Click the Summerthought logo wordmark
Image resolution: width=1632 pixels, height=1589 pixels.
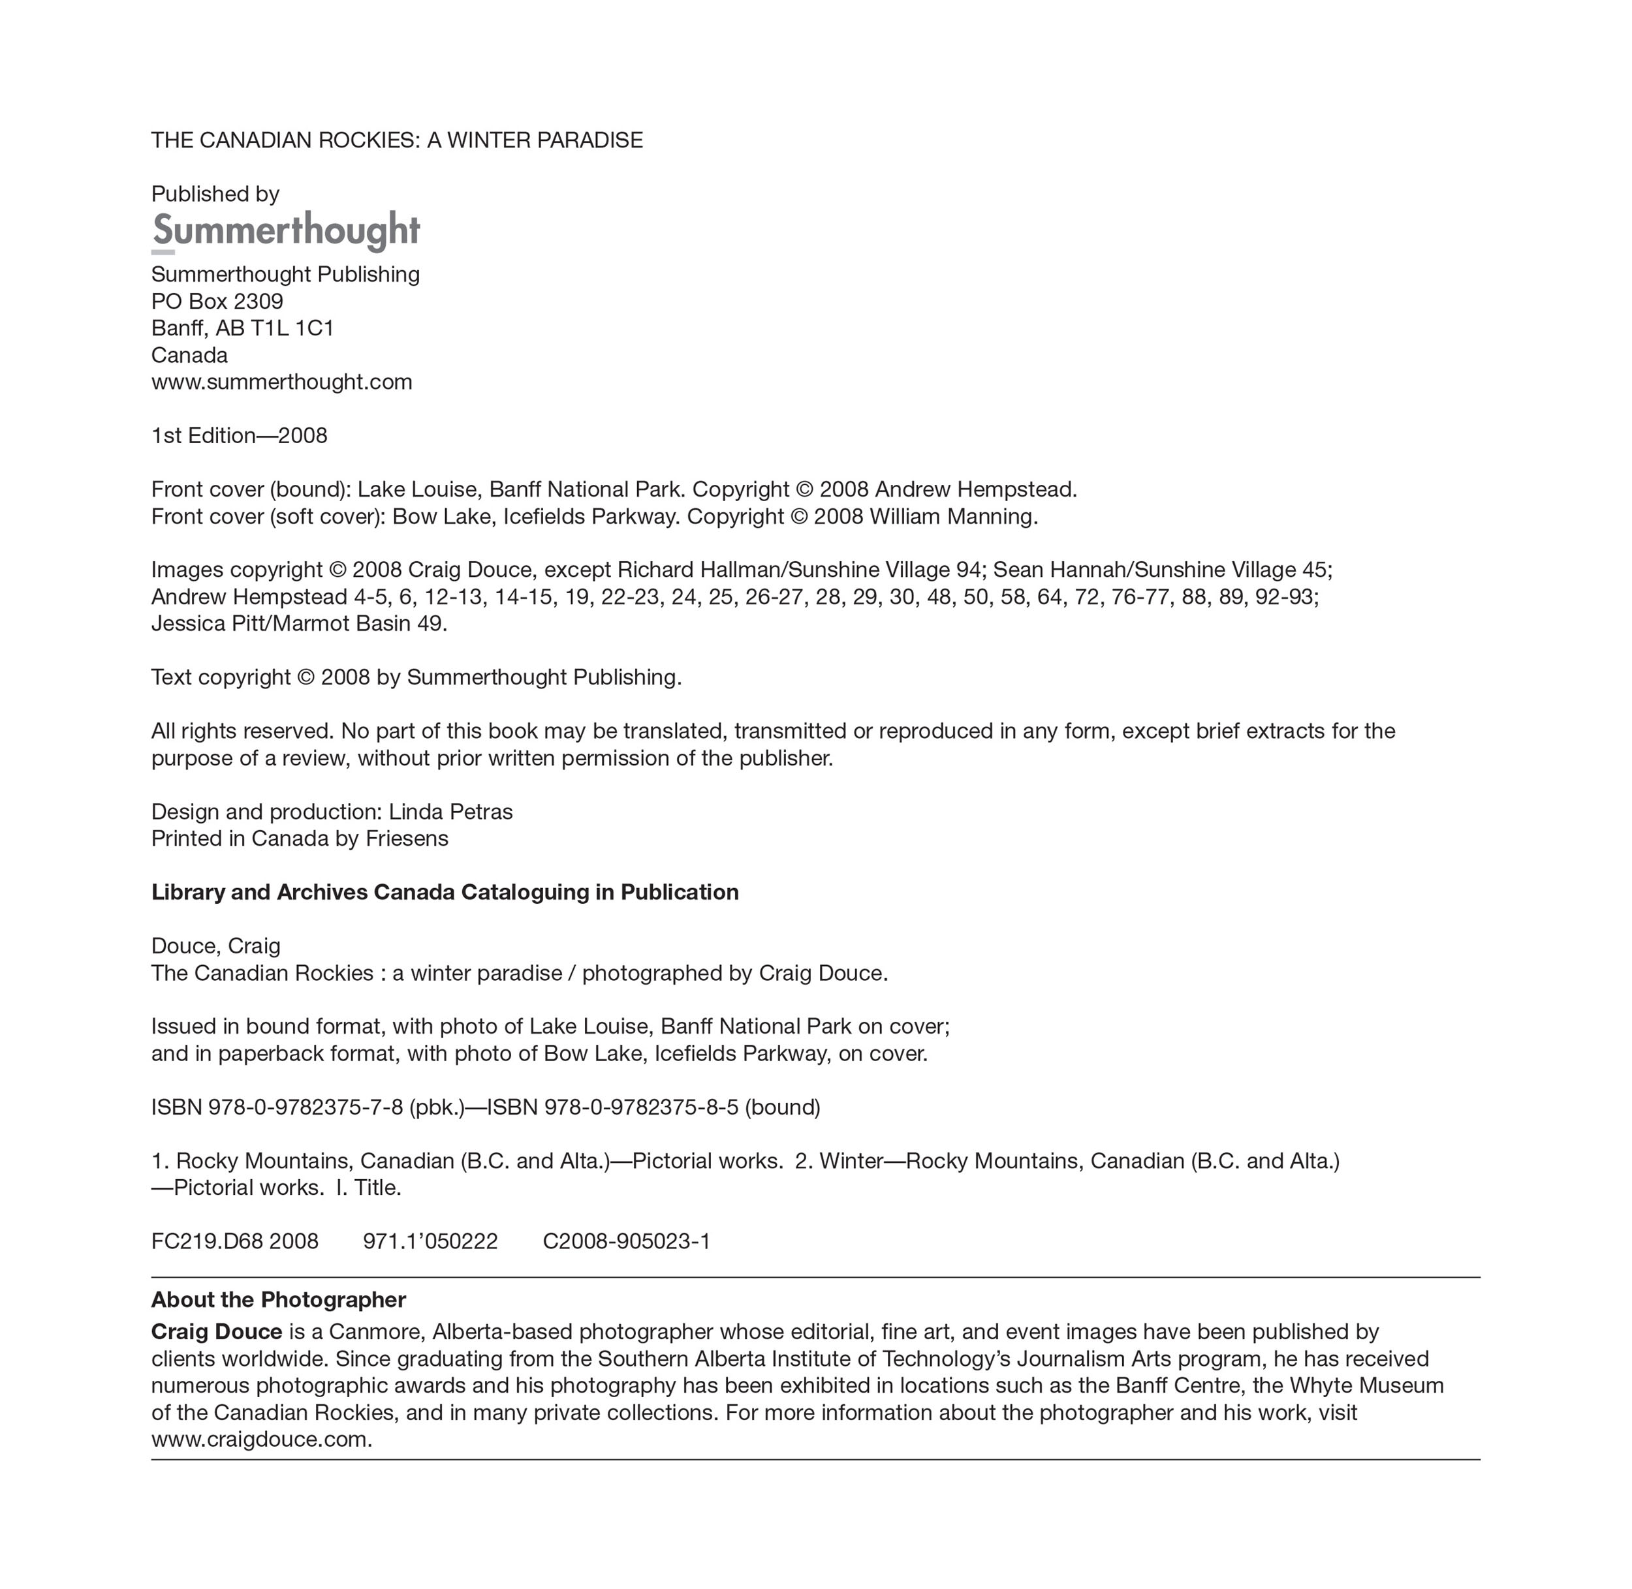click(285, 230)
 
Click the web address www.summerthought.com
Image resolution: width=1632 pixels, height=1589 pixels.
click(281, 382)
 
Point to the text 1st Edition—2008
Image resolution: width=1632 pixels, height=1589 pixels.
click(239, 436)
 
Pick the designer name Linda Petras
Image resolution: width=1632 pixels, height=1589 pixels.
click(451, 812)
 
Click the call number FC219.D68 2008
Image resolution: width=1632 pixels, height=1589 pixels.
click(234, 1241)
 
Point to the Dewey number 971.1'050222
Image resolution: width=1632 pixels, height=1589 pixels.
click(430, 1241)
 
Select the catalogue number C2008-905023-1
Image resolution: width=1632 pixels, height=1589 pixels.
click(626, 1241)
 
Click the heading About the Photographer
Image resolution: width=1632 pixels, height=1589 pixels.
click(278, 1299)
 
